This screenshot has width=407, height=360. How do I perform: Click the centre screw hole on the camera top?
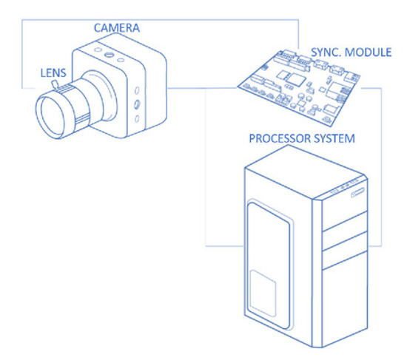coord(110,55)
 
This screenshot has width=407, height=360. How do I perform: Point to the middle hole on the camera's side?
coord(138,106)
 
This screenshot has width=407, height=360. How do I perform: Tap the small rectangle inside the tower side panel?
coord(263,293)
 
